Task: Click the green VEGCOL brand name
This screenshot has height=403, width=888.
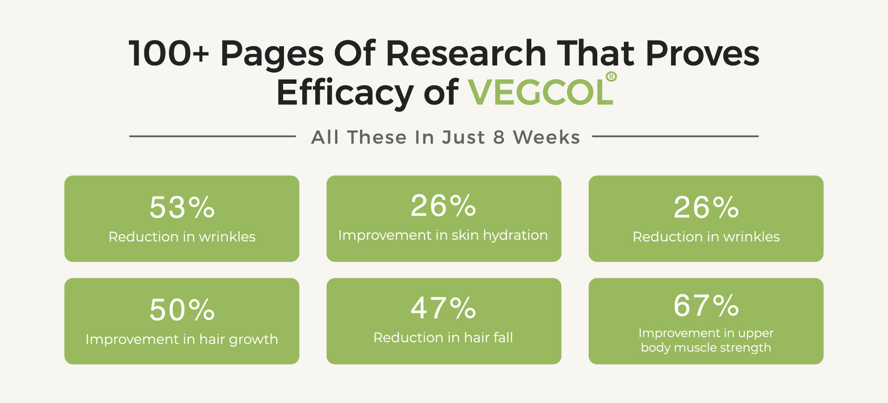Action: click(x=541, y=92)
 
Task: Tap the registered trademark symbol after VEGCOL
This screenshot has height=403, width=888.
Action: click(x=611, y=77)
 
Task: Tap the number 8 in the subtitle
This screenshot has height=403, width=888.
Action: click(x=499, y=138)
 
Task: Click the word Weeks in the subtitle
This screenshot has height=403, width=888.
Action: click(x=546, y=138)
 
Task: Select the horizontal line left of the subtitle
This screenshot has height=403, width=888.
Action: click(x=212, y=136)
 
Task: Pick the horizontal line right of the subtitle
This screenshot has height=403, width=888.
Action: click(x=675, y=136)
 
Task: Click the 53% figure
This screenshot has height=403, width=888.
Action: click(x=182, y=208)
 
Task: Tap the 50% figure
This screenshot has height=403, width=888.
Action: click(x=182, y=310)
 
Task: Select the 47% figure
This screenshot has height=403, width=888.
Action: click(x=443, y=308)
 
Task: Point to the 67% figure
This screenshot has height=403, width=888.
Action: click(x=706, y=305)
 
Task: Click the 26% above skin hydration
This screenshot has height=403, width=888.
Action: click(x=443, y=206)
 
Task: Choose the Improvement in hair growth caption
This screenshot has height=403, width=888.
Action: click(x=182, y=339)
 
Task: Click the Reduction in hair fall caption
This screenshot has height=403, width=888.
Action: click(x=443, y=338)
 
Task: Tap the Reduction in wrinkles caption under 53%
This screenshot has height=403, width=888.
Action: click(x=182, y=237)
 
